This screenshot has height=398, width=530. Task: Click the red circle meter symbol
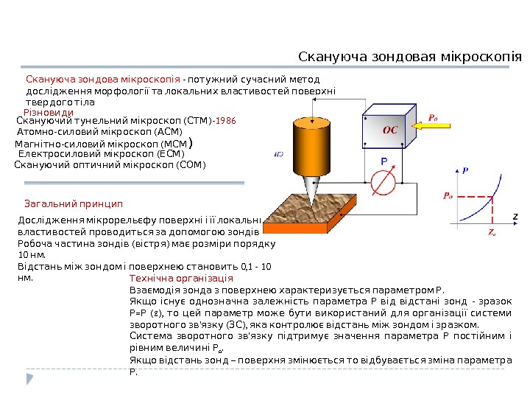383,181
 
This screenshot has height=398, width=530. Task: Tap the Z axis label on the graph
515,216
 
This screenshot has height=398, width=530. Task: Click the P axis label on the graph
465,170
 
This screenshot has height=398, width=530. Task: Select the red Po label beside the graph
448,196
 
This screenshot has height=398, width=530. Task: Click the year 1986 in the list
226,119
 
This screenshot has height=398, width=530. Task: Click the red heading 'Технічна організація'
180,279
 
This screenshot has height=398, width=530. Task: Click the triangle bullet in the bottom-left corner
30,378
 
